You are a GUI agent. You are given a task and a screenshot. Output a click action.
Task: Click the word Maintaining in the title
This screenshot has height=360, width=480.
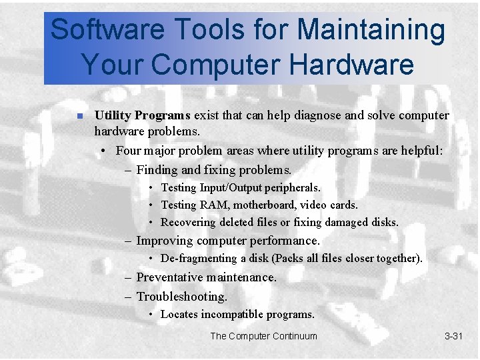pyautogui.click(x=371, y=30)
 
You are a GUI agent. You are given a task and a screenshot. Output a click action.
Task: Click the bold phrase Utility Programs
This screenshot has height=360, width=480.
pyautogui.click(x=143, y=115)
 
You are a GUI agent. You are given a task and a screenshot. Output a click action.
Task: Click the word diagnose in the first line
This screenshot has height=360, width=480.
pyautogui.click(x=312, y=115)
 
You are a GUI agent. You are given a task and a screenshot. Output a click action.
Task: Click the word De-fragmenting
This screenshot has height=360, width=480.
pyautogui.click(x=199, y=259)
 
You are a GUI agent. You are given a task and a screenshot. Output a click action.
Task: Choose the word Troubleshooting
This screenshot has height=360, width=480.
pyautogui.click(x=181, y=296)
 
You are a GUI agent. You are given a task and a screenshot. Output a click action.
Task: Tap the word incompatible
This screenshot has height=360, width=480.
pyautogui.click(x=231, y=314)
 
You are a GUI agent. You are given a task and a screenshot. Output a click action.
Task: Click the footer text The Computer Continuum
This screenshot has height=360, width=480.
pyautogui.click(x=263, y=336)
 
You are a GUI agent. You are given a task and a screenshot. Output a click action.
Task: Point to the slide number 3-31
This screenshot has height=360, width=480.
pyautogui.click(x=453, y=336)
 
